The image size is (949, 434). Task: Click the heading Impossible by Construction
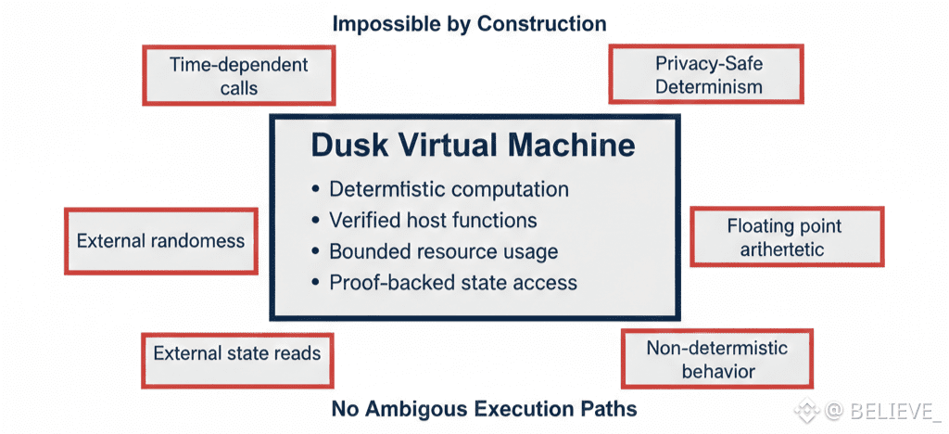[x=470, y=24]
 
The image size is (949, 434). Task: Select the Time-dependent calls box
[x=239, y=75]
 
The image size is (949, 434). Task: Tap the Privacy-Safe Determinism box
[x=706, y=73]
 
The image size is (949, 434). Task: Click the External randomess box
[x=161, y=241]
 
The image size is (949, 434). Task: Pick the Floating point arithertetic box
[x=788, y=236]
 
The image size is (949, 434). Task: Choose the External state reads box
[x=238, y=360]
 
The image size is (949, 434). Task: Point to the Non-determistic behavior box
[x=717, y=359]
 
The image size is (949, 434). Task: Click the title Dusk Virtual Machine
[x=473, y=147]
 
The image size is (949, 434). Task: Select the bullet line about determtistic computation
[x=440, y=189]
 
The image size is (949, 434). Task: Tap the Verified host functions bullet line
[x=424, y=221]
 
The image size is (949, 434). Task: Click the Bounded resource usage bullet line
[x=435, y=251]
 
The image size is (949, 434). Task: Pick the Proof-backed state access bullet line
[x=444, y=283]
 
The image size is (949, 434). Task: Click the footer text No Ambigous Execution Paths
[x=484, y=409]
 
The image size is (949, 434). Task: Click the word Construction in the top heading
[x=541, y=24]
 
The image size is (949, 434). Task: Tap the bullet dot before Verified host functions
[x=315, y=221]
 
